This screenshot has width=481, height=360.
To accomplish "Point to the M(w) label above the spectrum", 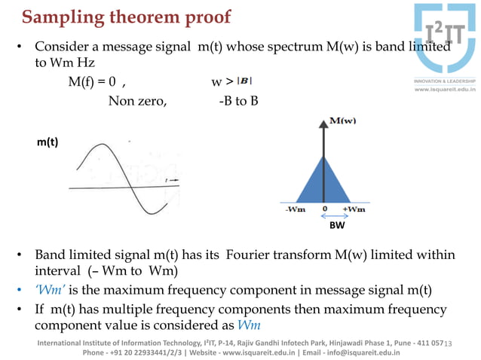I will pyautogui.click(x=344, y=121).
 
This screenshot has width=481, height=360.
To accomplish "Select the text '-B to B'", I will pyautogui.click(x=237, y=100).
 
